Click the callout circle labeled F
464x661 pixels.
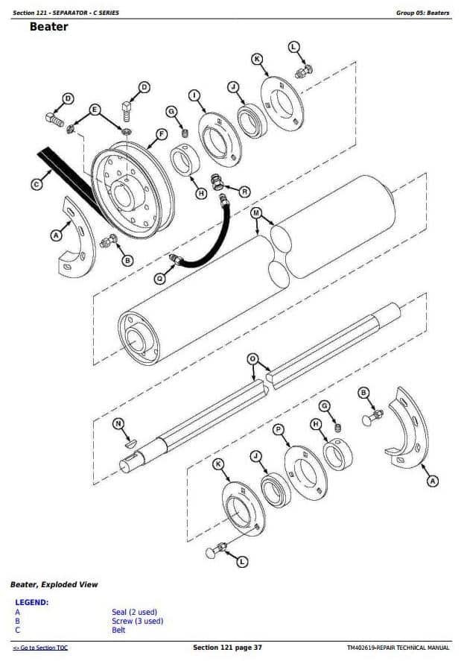(162, 134)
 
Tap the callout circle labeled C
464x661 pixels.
(36, 184)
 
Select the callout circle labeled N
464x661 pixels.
(118, 424)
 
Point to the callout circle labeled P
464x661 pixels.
(278, 429)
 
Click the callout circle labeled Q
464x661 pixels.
(159, 278)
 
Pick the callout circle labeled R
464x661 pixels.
(244, 192)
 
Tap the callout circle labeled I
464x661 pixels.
(194, 95)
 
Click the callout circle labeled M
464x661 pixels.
(256, 213)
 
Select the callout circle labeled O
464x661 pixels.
(252, 359)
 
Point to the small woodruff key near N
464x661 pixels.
(131, 443)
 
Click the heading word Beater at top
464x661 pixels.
(49, 27)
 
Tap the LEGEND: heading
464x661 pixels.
(31, 602)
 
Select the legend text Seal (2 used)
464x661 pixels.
(135, 612)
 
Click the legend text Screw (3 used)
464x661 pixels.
(137, 621)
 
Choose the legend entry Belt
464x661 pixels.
(118, 630)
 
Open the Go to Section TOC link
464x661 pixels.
(40, 648)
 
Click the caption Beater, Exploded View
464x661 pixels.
(54, 585)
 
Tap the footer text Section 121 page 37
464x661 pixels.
(227, 648)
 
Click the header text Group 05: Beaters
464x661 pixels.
(423, 13)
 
